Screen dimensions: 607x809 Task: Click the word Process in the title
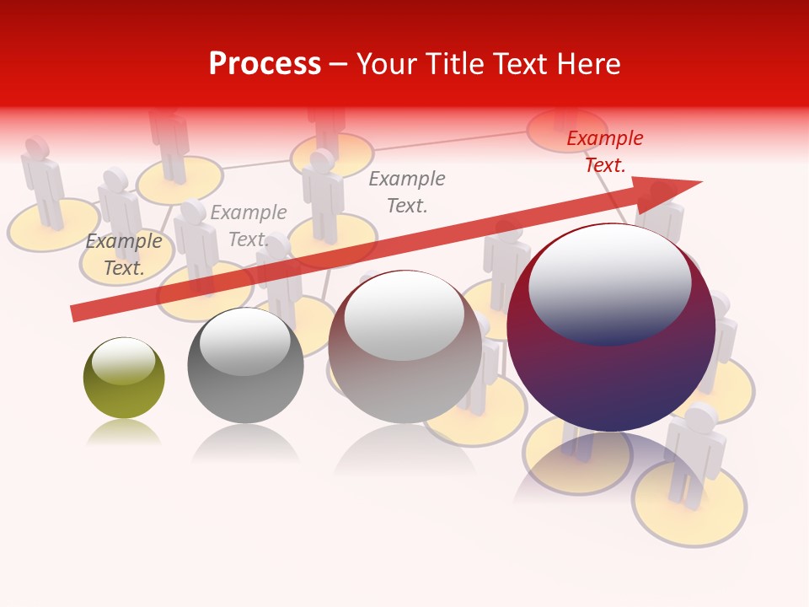point(265,64)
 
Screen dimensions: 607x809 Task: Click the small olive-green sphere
point(124,379)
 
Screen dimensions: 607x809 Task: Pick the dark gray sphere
point(245,366)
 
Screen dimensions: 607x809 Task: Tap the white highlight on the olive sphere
point(123,361)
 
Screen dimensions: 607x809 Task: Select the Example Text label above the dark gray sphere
point(248,226)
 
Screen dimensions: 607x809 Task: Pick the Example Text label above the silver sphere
point(407,191)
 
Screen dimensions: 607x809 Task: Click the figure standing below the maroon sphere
point(695,455)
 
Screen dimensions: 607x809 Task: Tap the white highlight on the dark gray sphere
point(244,342)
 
